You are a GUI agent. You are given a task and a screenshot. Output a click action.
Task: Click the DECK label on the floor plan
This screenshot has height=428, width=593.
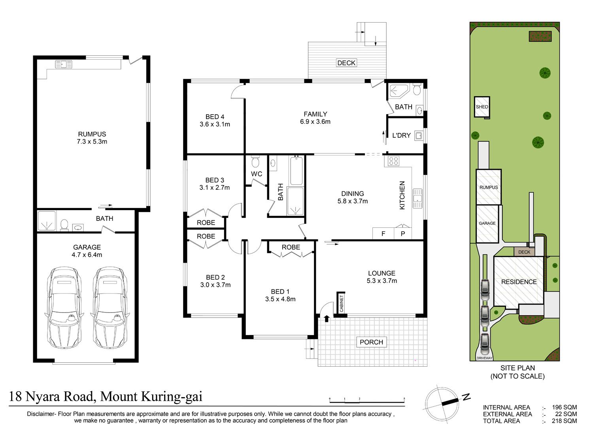tap(346, 63)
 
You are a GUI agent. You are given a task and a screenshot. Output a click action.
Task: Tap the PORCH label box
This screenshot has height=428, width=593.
tap(372, 342)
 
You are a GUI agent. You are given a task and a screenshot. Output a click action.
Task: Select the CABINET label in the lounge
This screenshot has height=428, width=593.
tap(342, 303)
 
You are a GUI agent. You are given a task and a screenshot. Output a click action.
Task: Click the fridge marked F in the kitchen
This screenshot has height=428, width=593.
tap(383, 233)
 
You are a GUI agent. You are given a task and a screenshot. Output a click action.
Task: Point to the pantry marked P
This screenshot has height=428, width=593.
tap(403, 233)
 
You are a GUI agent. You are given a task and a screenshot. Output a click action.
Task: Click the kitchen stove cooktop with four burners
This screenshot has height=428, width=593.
tap(393, 161)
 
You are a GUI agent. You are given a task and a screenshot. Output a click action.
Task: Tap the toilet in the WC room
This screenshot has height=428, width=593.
tap(255, 161)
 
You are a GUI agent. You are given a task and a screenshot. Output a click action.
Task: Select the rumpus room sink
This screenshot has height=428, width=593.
tap(64, 64)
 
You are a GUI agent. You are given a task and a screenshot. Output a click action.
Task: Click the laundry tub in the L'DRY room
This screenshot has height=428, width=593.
tap(419, 136)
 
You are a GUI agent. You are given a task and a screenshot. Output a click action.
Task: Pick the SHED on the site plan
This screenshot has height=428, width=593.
tap(482, 107)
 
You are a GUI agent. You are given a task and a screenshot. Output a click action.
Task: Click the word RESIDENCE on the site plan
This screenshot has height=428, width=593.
tap(519, 282)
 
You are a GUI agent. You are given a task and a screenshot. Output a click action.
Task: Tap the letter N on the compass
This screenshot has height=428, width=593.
tap(466, 397)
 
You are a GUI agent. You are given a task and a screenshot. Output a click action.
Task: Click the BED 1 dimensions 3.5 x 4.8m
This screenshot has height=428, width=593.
tap(280, 299)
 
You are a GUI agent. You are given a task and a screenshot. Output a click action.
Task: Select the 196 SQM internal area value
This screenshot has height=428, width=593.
tap(564, 407)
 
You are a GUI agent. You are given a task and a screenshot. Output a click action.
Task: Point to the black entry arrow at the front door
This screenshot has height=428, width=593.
tap(327, 318)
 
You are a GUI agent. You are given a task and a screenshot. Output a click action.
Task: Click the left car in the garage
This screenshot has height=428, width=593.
tap(64, 308)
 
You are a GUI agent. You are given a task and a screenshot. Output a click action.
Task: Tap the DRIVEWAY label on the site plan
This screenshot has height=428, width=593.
tap(484, 358)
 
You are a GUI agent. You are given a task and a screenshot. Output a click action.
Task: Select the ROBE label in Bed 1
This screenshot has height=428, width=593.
tap(291, 247)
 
